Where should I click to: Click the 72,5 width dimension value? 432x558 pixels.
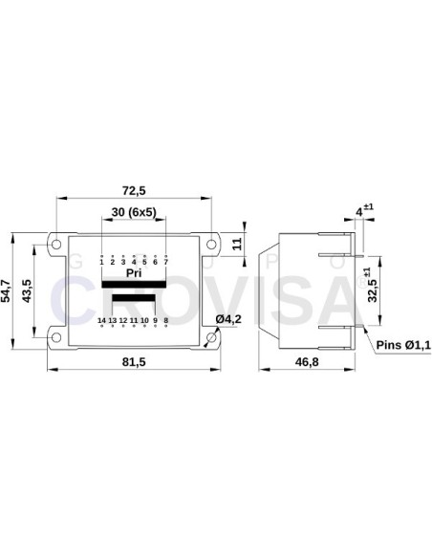pyautogui.click(x=134, y=188)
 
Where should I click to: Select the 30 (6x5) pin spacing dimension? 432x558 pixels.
pyautogui.click(x=134, y=211)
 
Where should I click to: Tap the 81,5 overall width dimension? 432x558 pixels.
pyautogui.click(x=134, y=361)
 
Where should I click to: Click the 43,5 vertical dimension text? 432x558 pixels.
pyautogui.click(x=30, y=290)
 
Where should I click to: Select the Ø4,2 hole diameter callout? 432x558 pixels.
pyautogui.click(x=227, y=317)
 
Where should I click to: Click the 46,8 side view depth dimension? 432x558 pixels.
pyautogui.click(x=307, y=361)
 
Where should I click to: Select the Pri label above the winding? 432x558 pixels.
pyautogui.click(x=134, y=273)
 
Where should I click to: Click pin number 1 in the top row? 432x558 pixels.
pyautogui.click(x=101, y=261)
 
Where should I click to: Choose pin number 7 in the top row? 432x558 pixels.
pyautogui.click(x=166, y=261)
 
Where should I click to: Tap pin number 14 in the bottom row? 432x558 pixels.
pyautogui.click(x=101, y=319)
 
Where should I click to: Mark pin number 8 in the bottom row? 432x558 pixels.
pyautogui.click(x=166, y=319)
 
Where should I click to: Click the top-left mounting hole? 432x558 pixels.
pyautogui.click(x=56, y=243)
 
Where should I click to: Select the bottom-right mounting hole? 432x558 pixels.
pyautogui.click(x=211, y=337)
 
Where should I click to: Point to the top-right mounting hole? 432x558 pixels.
pyautogui.click(x=211, y=243)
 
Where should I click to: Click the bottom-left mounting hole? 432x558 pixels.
pyautogui.click(x=56, y=337)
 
